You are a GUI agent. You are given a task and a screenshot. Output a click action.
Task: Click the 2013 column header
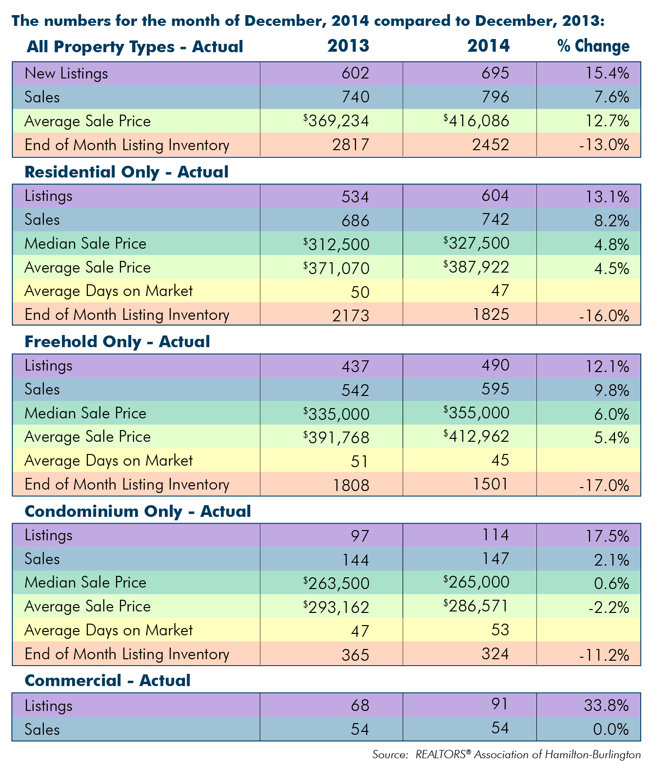[348, 46]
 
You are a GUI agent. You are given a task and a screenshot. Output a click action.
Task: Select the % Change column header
[593, 46]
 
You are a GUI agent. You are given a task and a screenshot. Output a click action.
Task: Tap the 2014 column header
[488, 46]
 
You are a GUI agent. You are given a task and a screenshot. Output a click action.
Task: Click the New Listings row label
[66, 74]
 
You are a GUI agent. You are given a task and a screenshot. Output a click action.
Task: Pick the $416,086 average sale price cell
[476, 121]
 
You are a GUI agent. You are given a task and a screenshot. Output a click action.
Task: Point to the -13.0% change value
[604, 145]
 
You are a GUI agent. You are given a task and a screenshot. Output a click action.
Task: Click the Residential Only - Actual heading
[127, 172]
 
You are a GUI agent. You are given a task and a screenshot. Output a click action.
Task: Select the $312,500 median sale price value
[336, 244]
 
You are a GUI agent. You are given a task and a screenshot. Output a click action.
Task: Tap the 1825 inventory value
[491, 315]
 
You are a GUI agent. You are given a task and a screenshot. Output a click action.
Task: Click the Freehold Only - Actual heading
[118, 342]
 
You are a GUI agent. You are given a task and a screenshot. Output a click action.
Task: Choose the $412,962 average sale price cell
[476, 436]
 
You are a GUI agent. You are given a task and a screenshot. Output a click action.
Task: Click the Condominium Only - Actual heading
[138, 511]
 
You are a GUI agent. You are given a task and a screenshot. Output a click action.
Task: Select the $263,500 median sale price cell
[336, 583]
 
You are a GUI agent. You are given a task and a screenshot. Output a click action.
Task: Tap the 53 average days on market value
[500, 629]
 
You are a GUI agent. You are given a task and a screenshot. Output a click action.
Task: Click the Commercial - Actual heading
[108, 681]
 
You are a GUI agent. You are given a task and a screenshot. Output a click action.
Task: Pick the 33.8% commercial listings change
[607, 705]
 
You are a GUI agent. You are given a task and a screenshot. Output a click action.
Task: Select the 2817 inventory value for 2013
[351, 145]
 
